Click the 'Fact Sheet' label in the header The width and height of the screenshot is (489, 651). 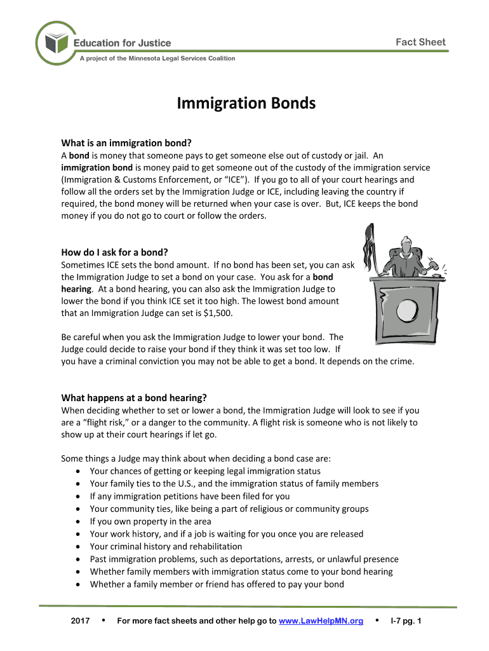click(x=420, y=43)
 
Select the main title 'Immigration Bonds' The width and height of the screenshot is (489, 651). click(x=246, y=103)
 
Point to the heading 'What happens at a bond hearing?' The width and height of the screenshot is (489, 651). click(x=133, y=398)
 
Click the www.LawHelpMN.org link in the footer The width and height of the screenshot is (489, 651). click(x=321, y=620)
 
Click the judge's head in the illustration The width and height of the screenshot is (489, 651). click(x=406, y=243)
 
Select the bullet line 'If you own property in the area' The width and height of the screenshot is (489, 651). click(x=151, y=521)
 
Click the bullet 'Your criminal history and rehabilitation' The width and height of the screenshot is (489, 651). click(x=166, y=546)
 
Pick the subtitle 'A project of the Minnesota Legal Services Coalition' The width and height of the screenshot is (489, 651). click(x=157, y=58)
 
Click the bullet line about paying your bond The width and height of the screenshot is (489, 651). click(x=217, y=584)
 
